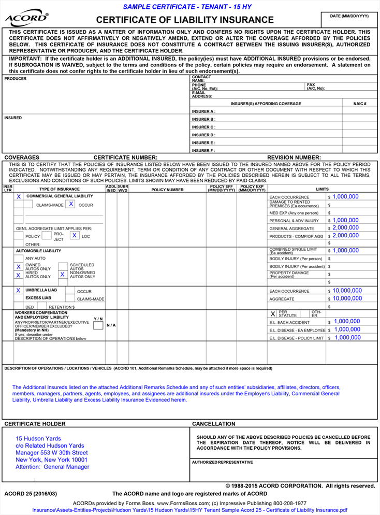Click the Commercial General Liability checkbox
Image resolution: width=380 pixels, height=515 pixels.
point(19,197)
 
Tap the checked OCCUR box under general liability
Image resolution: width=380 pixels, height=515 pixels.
point(71,204)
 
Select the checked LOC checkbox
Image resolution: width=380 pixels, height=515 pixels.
point(75,235)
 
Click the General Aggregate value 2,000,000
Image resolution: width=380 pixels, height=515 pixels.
point(345,228)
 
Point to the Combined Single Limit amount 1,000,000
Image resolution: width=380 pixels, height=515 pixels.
point(345,251)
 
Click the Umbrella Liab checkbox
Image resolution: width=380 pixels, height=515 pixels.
point(19,291)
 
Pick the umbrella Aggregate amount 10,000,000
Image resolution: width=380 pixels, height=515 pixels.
point(347,299)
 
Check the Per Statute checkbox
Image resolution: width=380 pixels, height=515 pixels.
point(273,314)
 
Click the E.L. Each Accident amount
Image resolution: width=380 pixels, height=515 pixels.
point(347,322)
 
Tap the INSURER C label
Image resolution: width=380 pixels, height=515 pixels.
point(203,127)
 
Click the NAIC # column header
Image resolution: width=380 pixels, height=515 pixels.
point(360,104)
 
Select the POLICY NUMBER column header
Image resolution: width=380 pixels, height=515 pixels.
point(167,190)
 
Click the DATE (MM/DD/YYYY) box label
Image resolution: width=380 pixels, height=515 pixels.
point(349,16)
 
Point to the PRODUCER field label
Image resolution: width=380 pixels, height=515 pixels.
point(15,79)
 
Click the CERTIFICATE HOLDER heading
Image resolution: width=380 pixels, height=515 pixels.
point(35,424)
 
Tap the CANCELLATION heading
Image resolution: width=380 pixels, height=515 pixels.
point(214,424)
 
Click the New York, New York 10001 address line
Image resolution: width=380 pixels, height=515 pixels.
point(51,460)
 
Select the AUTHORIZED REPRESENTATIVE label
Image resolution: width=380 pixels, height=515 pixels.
point(223,462)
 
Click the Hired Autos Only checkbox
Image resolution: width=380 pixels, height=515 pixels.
point(19,275)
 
